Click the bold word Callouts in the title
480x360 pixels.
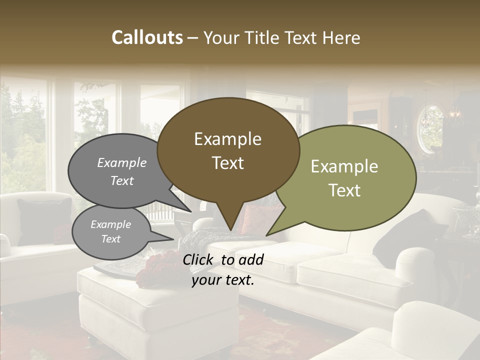[x=147, y=37]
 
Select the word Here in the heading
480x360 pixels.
[x=341, y=37]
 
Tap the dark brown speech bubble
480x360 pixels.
[x=228, y=150]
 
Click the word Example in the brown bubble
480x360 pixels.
[x=228, y=139]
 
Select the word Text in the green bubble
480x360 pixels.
[x=344, y=190]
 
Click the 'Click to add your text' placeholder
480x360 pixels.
[x=223, y=269]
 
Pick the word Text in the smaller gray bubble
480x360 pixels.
[x=111, y=239]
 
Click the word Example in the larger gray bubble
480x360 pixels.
[x=121, y=163]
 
